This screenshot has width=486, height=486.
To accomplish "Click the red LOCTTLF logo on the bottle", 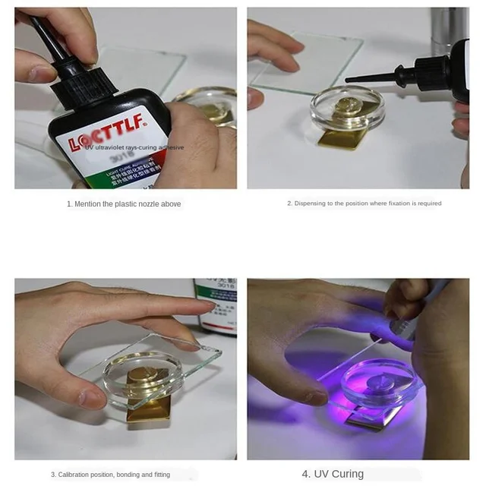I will pos(98,139).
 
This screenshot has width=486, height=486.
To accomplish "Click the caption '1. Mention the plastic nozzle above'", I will pos(124,204).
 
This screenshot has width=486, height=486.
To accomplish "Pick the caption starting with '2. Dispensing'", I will pos(364,204).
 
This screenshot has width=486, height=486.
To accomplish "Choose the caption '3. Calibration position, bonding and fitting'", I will pos(110,475).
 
